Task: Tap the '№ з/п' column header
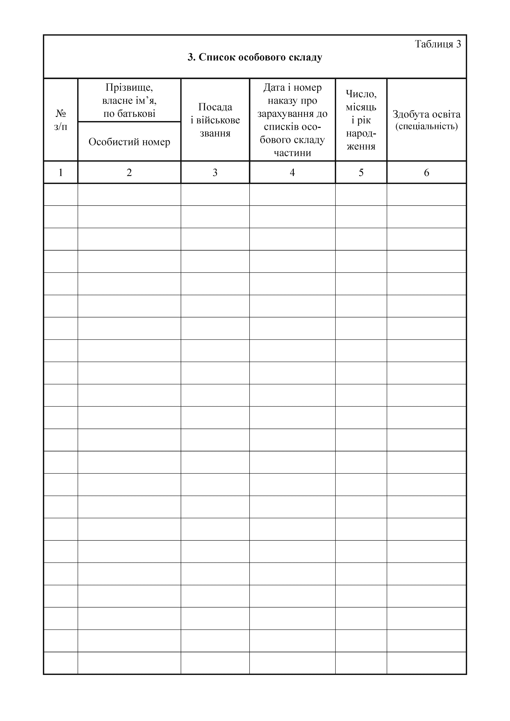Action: (61, 120)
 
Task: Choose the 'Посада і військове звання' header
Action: (215, 120)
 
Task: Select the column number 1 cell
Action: (61, 172)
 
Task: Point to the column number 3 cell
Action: (215, 172)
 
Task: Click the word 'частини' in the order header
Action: (292, 153)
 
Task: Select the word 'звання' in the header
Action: (215, 133)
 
